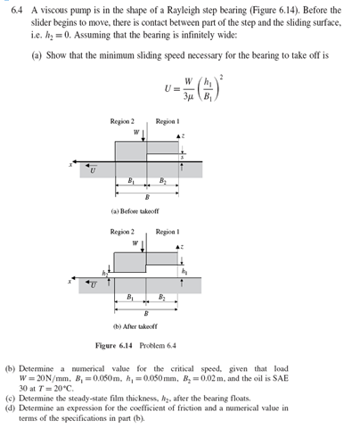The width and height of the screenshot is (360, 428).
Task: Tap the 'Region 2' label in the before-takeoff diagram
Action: (x=122, y=120)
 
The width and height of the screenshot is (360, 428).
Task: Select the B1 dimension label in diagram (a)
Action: (x=131, y=181)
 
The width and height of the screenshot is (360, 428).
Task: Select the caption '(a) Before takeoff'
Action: (x=135, y=210)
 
